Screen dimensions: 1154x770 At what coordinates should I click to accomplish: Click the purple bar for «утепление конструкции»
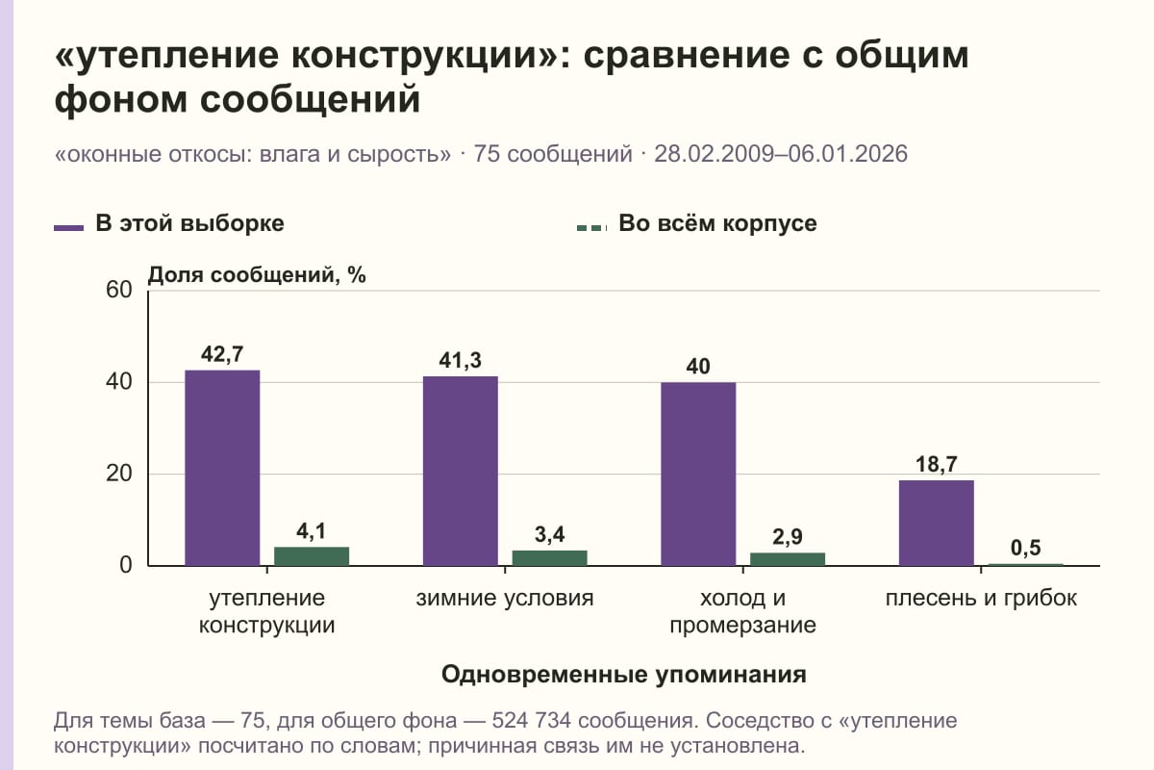(222, 468)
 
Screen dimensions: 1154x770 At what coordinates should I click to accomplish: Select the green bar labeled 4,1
(312, 556)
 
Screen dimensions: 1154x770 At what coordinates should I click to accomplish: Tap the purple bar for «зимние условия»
(461, 471)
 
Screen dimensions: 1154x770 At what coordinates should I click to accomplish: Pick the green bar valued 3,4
(549, 558)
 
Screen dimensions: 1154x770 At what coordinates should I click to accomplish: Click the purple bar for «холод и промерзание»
(698, 474)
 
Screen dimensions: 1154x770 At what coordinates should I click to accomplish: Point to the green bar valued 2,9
(788, 559)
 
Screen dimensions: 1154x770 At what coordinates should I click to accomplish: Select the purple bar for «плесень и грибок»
(937, 523)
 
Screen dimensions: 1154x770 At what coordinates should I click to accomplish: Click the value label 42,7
(222, 354)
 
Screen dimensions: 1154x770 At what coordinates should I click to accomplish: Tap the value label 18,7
(937, 464)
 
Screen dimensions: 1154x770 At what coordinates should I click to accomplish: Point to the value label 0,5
(1026, 548)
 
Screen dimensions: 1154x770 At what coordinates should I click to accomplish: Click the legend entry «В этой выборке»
(169, 224)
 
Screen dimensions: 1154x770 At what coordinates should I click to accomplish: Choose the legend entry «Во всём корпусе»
(696, 224)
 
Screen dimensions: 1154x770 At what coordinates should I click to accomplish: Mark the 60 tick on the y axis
(119, 290)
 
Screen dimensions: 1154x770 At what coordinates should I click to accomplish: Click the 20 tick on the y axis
(119, 474)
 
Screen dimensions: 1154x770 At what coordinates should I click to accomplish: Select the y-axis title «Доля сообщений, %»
(257, 275)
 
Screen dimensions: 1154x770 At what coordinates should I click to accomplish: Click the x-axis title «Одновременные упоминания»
(624, 675)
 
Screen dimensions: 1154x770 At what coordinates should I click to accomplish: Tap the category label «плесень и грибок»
(981, 599)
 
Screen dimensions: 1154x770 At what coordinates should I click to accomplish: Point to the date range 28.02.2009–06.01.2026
(781, 154)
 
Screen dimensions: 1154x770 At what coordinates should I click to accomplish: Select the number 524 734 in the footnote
(531, 721)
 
